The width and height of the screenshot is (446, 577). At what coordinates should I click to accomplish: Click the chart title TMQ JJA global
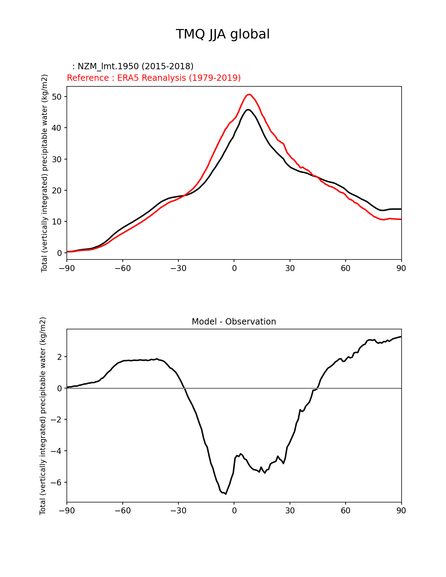click(x=222, y=34)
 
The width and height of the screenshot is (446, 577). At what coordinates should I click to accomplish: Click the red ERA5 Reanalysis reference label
click(x=154, y=78)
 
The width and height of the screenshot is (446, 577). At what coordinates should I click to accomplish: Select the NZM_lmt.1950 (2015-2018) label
click(x=133, y=66)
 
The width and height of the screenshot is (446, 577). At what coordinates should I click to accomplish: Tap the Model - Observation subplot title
click(x=234, y=322)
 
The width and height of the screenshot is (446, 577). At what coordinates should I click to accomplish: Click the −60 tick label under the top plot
click(x=122, y=268)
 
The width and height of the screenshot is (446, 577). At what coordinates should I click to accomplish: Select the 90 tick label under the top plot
click(x=401, y=268)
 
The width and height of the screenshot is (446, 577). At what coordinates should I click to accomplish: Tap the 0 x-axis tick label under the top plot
click(x=234, y=268)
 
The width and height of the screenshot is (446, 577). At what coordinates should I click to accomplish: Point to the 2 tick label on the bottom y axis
click(x=59, y=357)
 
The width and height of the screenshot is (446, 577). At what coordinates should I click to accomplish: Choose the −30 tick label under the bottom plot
click(x=178, y=511)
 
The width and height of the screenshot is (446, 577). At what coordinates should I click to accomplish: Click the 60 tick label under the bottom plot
click(x=346, y=511)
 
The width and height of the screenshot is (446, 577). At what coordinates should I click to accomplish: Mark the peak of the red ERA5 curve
click(x=249, y=94)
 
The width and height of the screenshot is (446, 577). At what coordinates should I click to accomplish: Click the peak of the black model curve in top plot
click(x=248, y=109)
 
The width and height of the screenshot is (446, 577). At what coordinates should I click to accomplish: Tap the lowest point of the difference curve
click(x=226, y=494)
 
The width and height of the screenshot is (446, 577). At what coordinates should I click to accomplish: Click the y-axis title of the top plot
click(x=44, y=173)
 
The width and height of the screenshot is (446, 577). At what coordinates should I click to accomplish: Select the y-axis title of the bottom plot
click(x=43, y=415)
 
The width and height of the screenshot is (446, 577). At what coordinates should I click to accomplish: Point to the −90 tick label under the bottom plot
click(x=67, y=511)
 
